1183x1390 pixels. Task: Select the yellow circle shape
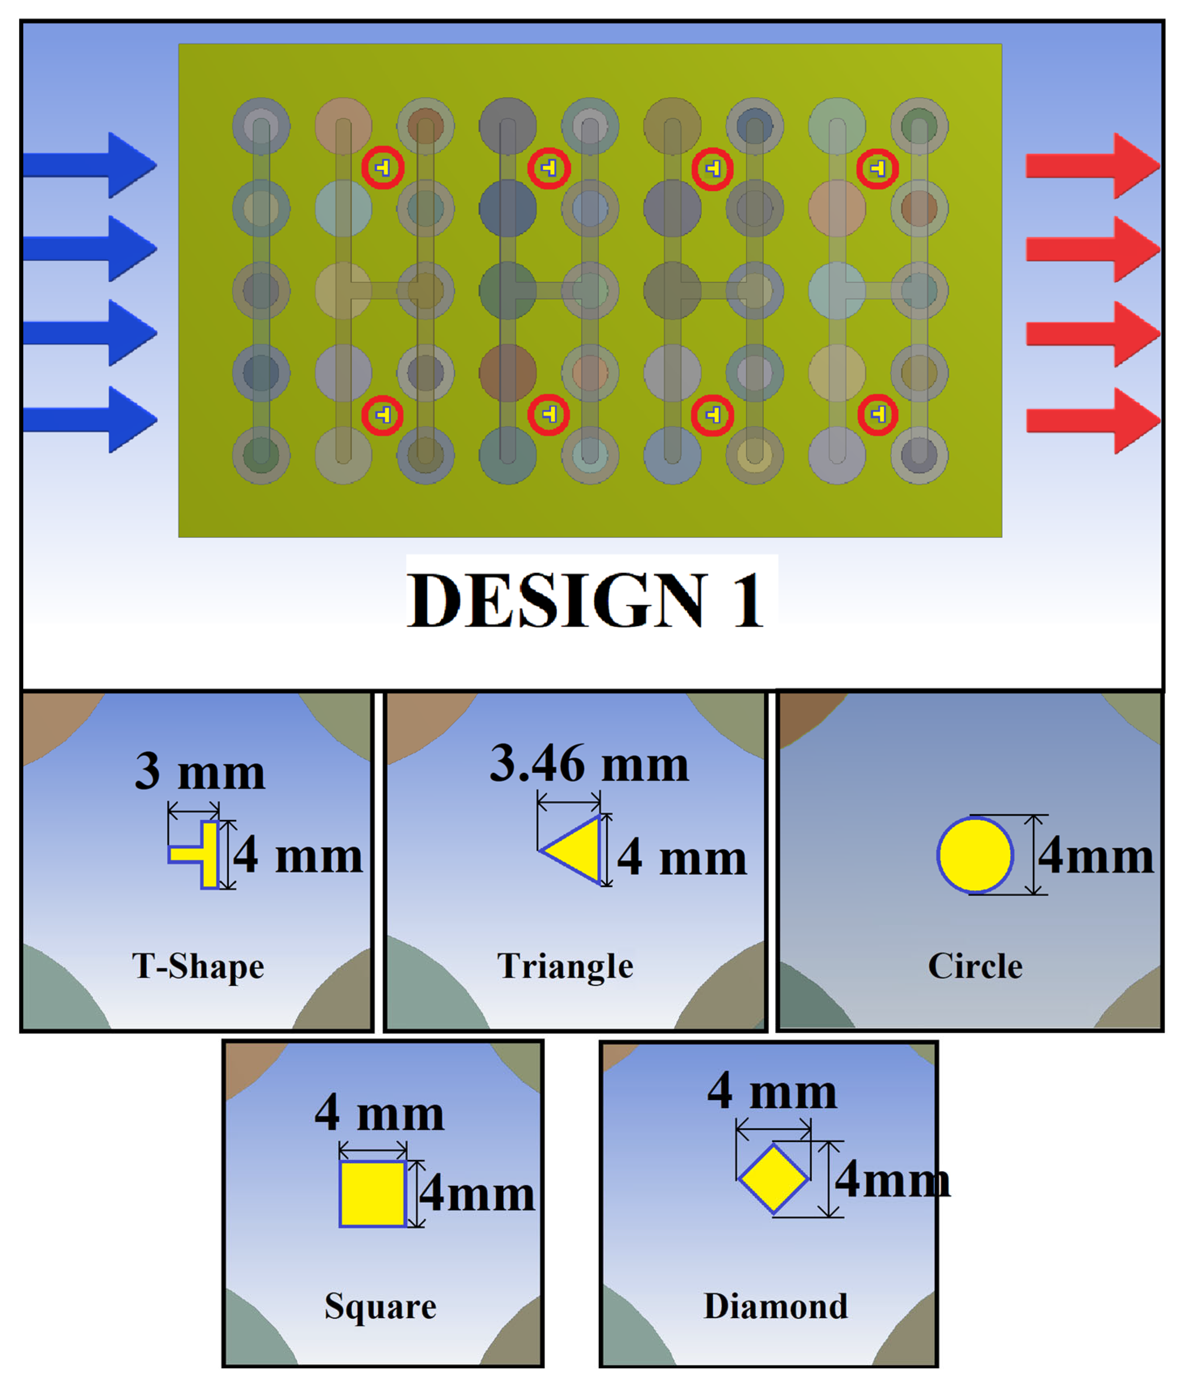[974, 855]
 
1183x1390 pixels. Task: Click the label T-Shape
[198, 966]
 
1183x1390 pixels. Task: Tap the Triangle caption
[565, 966]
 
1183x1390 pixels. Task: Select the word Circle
[974, 966]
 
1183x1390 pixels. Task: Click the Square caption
[380, 1306]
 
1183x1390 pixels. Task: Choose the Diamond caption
[775, 1306]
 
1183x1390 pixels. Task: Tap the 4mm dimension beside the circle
[1095, 857]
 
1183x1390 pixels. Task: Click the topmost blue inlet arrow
[90, 165]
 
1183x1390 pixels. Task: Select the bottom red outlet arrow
[1093, 420]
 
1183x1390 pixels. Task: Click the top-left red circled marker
[383, 168]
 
